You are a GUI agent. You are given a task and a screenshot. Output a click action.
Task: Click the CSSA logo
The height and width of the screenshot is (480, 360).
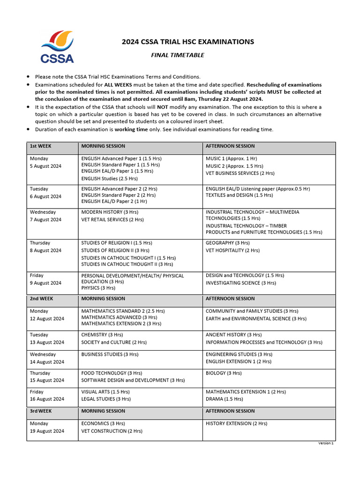(x=57, y=46)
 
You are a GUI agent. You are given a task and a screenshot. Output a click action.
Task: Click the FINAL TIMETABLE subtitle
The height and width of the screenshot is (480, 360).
(x=177, y=55)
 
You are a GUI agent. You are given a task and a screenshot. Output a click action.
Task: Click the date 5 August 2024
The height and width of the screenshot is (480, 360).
(x=45, y=166)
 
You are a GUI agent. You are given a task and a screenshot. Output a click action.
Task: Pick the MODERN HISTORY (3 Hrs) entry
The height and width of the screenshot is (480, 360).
(x=110, y=212)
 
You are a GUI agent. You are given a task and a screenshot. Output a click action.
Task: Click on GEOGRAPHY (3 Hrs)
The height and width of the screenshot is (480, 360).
(x=227, y=243)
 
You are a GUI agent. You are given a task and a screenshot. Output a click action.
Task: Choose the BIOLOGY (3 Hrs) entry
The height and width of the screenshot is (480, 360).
(x=224, y=373)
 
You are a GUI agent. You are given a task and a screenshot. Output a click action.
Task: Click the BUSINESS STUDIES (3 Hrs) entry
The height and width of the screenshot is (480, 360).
(x=110, y=354)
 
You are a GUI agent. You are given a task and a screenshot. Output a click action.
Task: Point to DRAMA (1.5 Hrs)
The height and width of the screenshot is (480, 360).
(x=224, y=399)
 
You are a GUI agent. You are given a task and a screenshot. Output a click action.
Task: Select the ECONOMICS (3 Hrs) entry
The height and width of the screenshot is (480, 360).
(x=103, y=423)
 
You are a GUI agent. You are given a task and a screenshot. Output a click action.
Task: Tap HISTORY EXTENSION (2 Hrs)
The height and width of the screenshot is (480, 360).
(x=236, y=423)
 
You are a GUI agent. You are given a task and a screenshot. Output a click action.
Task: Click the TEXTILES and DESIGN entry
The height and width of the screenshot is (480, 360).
(x=239, y=195)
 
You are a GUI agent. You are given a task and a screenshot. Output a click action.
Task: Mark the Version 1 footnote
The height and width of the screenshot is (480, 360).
(x=326, y=443)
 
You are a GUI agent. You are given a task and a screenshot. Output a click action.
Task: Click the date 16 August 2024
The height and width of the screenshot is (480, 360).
(x=47, y=399)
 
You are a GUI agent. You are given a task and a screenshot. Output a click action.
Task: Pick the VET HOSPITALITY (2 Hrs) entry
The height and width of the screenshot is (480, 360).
(x=232, y=250)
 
